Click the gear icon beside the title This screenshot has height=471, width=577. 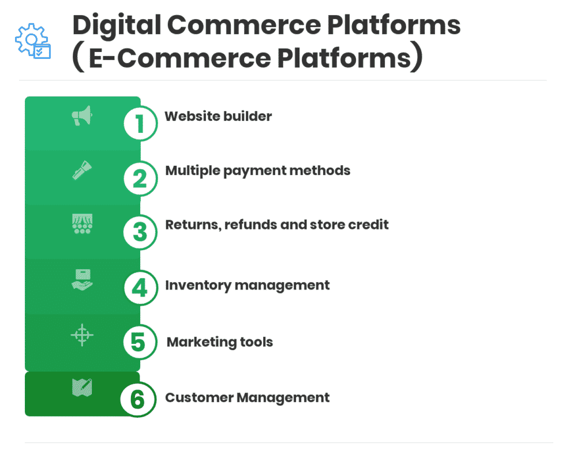32,41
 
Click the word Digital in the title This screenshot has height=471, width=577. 117,26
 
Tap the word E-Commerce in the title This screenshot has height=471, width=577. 179,58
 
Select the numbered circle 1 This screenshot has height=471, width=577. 140,123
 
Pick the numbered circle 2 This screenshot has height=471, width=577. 140,179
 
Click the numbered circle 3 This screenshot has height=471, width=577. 140,232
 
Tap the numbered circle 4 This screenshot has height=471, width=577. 140,287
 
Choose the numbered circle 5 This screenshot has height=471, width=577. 140,342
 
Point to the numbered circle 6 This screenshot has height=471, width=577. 138,399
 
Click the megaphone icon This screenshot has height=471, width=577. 82,116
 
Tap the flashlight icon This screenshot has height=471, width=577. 82,170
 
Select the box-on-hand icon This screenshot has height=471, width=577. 82,280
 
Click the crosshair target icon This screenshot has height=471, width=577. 82,335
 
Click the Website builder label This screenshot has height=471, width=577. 218,116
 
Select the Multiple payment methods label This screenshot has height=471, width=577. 257,171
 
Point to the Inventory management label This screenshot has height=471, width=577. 248,285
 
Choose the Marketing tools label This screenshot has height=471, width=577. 220,342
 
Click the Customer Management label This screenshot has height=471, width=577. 248,398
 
